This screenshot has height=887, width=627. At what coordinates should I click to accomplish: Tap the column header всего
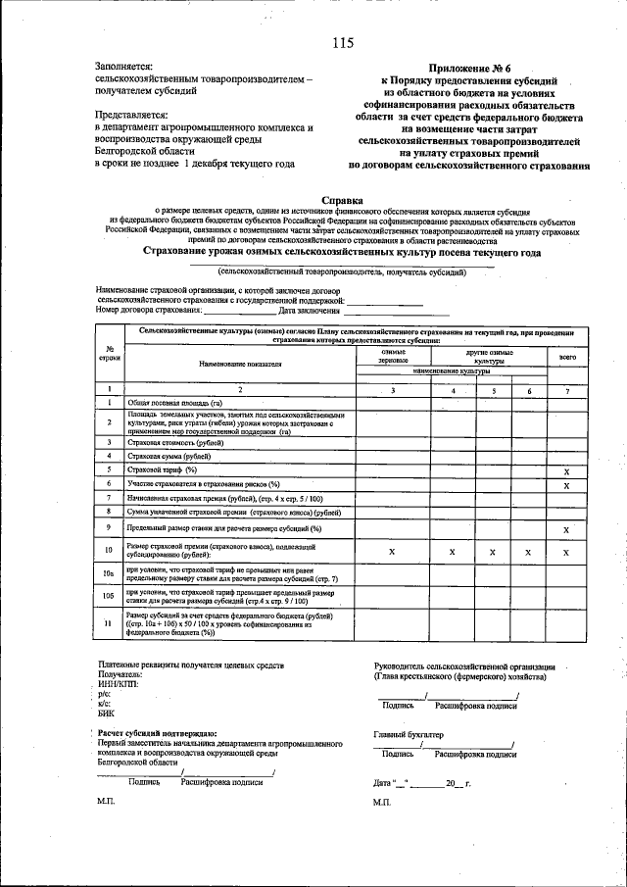point(566,358)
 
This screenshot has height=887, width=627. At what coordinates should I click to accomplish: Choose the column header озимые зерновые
point(394,357)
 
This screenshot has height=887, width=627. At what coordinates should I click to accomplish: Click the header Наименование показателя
point(240,363)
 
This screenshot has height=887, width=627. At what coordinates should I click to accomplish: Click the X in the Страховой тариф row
point(566,470)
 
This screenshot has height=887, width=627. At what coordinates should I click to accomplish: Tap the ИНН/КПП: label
point(119,684)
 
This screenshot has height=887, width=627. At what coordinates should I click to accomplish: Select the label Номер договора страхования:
point(149,311)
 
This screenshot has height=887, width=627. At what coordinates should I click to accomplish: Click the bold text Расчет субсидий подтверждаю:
point(157,733)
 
